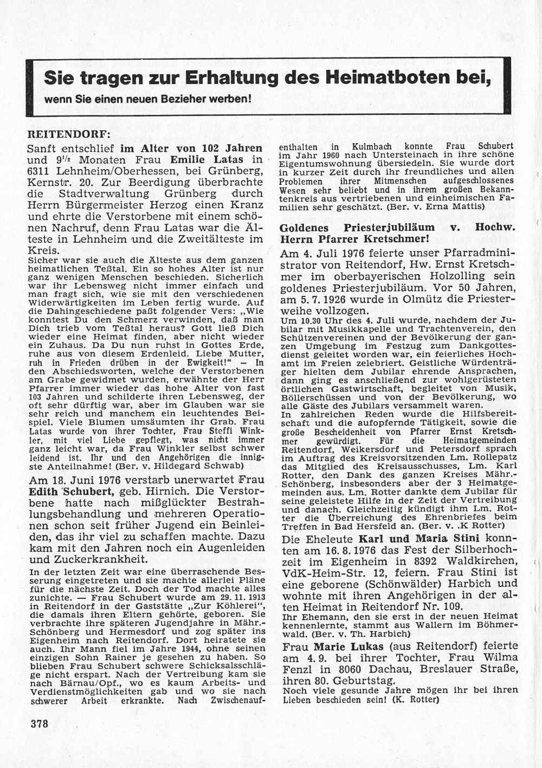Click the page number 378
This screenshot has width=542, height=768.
click(40, 724)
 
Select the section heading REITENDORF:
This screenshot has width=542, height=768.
click(69, 133)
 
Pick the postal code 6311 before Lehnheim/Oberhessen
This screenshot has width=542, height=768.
click(40, 171)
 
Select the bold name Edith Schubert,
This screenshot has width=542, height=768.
click(72, 492)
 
